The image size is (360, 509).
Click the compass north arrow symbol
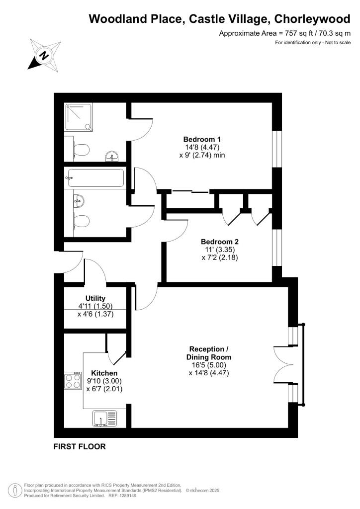tap(44, 55)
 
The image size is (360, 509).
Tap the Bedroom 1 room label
tap(202, 139)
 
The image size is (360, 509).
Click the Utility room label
tap(95, 298)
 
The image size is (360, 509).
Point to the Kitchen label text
tap(104, 373)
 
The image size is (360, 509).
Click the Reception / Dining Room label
tap(209, 353)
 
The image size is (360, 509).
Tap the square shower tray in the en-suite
tap(79, 118)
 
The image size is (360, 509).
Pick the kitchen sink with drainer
tap(104, 418)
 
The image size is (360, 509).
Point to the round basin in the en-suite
tap(112, 158)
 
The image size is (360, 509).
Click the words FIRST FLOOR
tap(80, 446)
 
